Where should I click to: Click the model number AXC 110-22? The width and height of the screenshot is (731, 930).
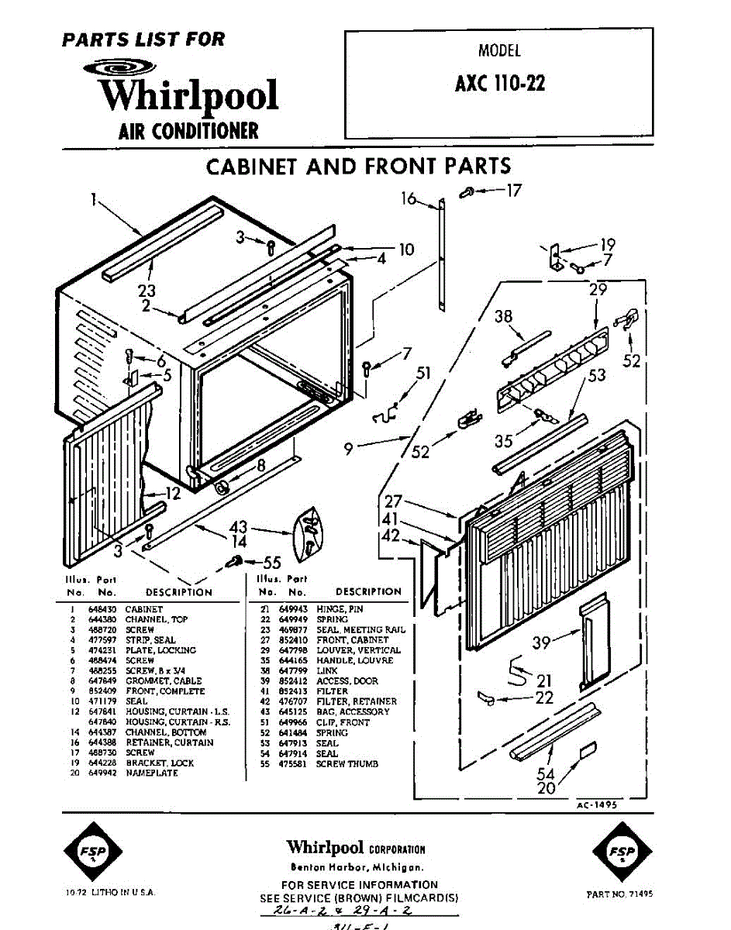[x=499, y=84]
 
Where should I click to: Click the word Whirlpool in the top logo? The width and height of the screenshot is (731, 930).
[x=188, y=95]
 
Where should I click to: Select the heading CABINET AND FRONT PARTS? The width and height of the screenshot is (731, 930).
[x=358, y=166]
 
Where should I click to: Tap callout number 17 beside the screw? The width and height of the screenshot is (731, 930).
[x=514, y=189]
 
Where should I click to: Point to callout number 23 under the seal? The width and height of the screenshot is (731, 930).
[x=146, y=291]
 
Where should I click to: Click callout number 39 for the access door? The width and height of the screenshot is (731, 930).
[x=543, y=642]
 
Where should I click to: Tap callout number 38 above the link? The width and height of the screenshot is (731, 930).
[x=503, y=316]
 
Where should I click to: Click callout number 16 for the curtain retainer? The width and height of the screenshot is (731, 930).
[x=409, y=199]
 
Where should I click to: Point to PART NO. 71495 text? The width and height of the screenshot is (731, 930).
[x=619, y=894]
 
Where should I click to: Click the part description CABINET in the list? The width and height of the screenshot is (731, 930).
[x=144, y=610]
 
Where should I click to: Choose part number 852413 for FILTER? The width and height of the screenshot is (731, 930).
[x=291, y=691]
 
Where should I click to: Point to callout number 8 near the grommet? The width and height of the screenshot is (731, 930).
[x=260, y=466]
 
